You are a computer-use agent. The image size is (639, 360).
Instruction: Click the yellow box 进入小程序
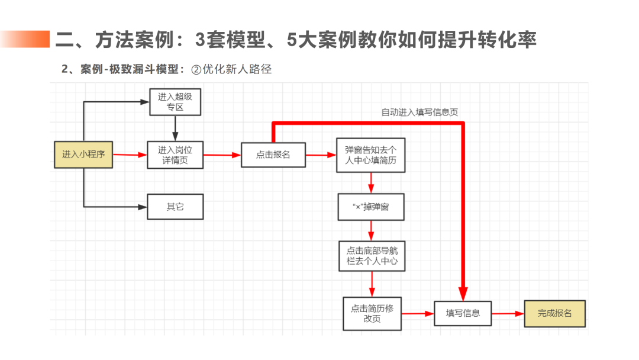[x=83, y=155]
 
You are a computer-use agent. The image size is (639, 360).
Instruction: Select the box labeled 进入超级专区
[x=175, y=102]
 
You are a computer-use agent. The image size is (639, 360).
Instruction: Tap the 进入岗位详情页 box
[x=175, y=155]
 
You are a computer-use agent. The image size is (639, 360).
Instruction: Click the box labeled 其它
[x=175, y=207]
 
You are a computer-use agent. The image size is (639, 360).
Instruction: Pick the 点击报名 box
[x=273, y=155]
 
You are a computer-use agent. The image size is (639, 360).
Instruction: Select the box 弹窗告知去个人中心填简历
[x=370, y=155]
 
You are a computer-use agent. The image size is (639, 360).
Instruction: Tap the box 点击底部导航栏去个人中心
[x=372, y=256]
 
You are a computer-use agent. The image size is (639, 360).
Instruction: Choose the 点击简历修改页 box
[x=372, y=313]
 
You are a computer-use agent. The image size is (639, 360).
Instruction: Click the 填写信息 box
[x=463, y=313]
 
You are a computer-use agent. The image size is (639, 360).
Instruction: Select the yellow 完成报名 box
[x=554, y=313]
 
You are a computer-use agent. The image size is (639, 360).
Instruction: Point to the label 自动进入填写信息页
[x=419, y=112]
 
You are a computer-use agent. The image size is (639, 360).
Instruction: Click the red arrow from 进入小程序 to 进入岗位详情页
[x=130, y=155]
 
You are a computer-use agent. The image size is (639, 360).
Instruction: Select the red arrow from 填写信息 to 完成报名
[x=508, y=313]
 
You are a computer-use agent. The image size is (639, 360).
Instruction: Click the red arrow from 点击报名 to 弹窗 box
[x=320, y=155]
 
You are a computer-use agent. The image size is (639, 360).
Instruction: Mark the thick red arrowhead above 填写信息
[x=463, y=293]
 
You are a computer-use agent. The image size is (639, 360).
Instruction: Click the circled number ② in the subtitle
[x=196, y=69]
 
